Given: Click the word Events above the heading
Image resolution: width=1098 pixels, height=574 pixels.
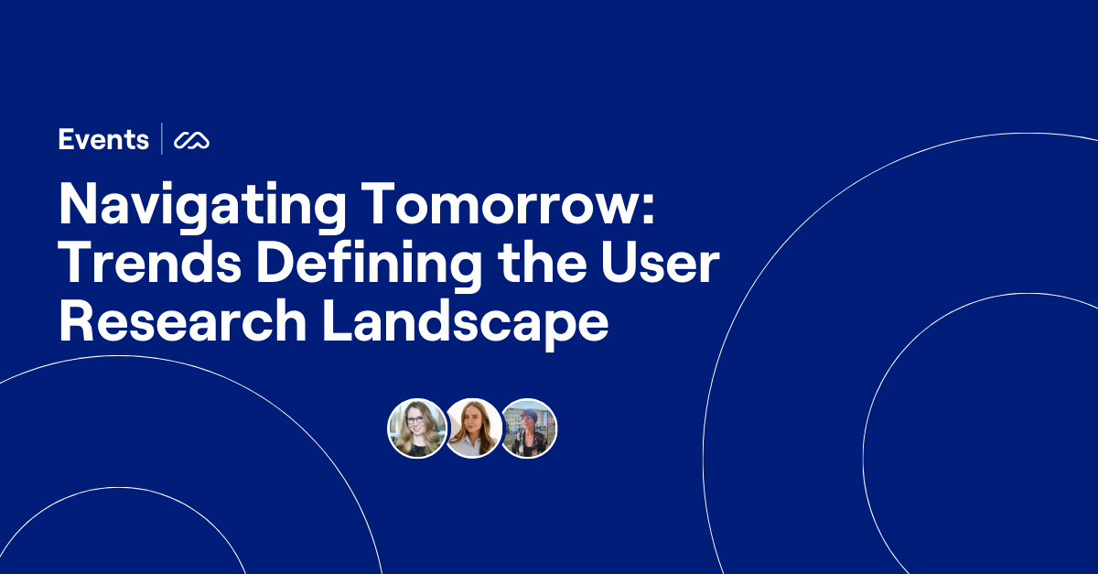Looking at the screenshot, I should tap(103, 140).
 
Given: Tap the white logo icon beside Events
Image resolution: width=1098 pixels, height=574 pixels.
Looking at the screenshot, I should tap(192, 140).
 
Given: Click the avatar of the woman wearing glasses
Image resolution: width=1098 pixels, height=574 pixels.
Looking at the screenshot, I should tap(417, 428).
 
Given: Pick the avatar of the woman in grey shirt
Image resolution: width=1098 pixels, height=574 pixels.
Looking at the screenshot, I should tap(473, 428).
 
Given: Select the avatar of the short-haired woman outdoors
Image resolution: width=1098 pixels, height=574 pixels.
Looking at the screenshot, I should tap(528, 428).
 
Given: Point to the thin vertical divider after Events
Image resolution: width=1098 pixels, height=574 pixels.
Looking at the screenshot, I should tap(162, 140).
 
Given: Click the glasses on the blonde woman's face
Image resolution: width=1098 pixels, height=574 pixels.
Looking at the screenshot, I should tap(415, 422).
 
